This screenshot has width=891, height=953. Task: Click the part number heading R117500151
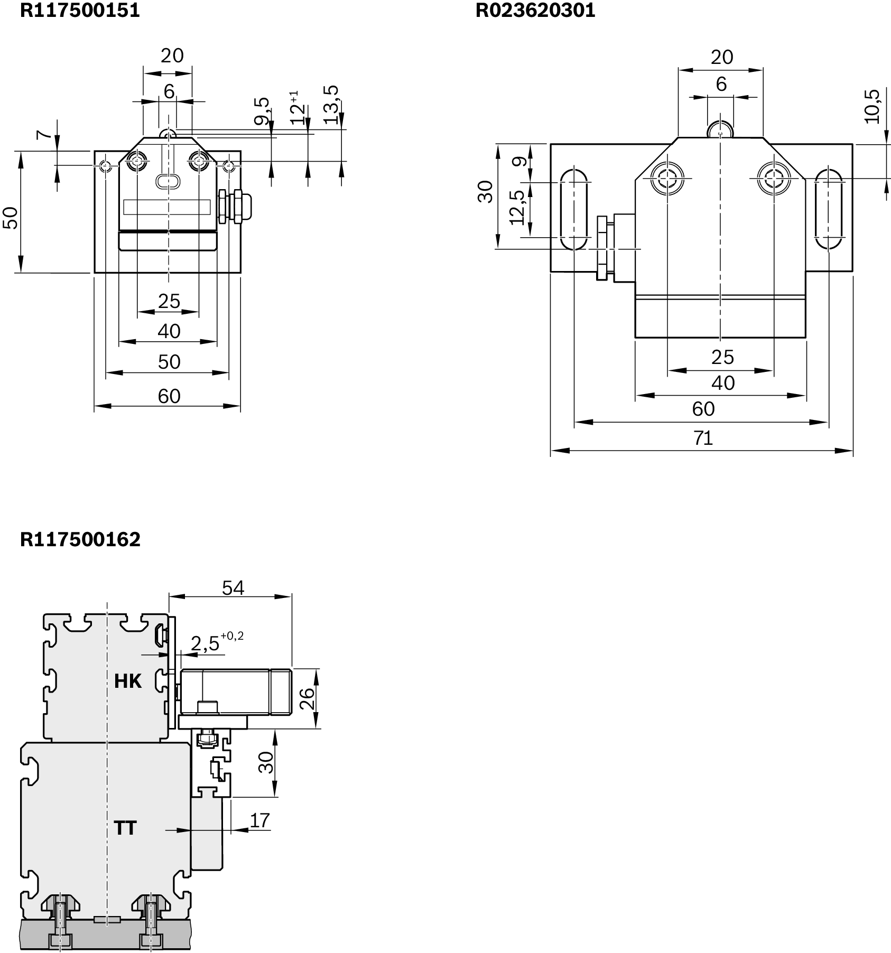click(80, 10)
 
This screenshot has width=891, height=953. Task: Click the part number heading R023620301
click(535, 10)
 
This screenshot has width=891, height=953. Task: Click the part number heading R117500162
click(80, 539)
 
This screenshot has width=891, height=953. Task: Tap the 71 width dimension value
click(703, 438)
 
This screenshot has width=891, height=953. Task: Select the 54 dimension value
click(233, 587)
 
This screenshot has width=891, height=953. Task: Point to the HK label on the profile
click(128, 681)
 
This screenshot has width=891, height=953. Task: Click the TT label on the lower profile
click(125, 828)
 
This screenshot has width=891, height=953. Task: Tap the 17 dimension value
click(259, 820)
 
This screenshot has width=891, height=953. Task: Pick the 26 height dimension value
click(308, 698)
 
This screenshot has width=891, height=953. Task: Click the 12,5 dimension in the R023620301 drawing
click(518, 208)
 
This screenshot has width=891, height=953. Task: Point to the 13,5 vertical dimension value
click(331, 105)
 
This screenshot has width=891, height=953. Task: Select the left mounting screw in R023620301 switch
click(667, 178)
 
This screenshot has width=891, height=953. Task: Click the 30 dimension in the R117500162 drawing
click(267, 762)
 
